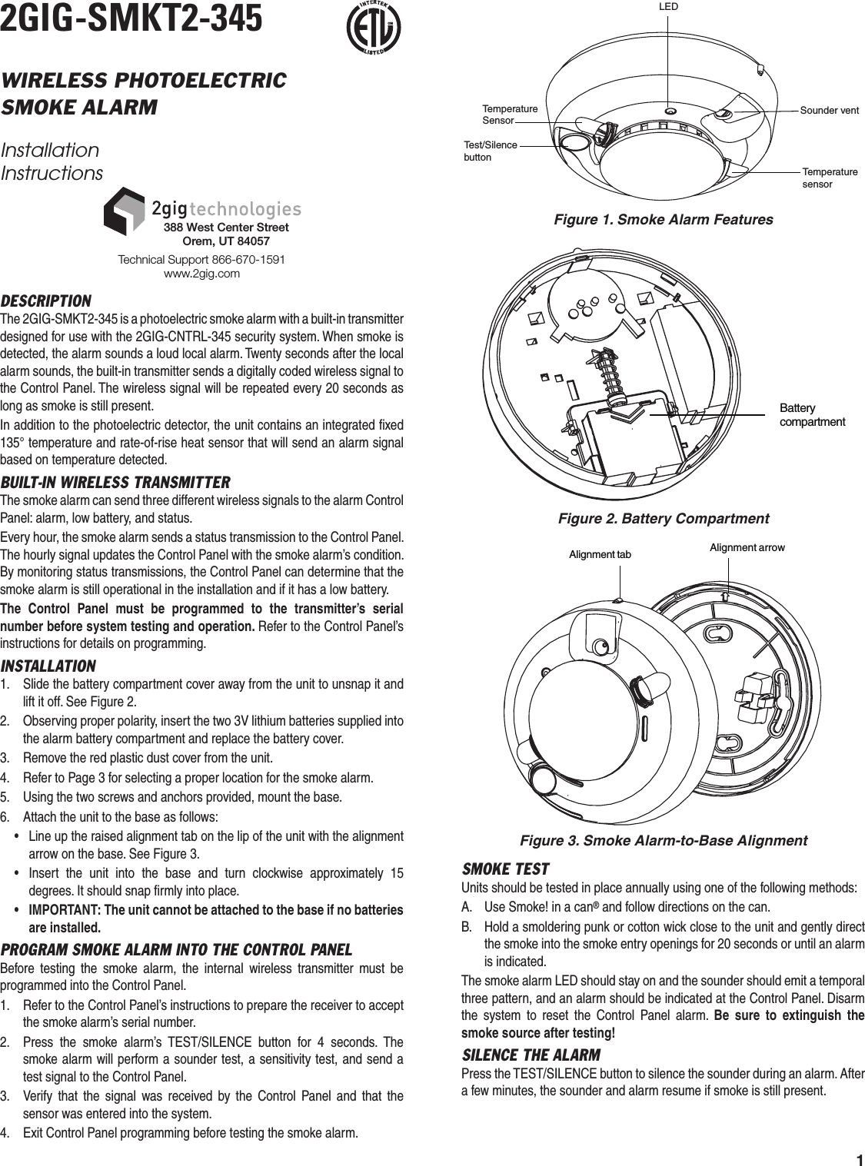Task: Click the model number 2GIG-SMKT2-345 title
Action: click(131, 18)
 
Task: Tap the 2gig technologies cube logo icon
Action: click(124, 211)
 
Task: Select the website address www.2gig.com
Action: click(202, 274)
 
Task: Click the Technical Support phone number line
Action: click(201, 260)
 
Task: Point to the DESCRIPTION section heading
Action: click(46, 301)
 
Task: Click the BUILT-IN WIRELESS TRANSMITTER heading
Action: click(115, 483)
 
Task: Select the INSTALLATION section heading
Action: click(48, 666)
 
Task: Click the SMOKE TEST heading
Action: click(505, 869)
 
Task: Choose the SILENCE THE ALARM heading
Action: click(531, 1055)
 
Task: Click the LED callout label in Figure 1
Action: click(668, 6)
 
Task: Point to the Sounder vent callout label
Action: click(829, 111)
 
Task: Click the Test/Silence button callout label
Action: click(491, 151)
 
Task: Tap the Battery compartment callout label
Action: click(812, 415)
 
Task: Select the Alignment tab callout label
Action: click(599, 554)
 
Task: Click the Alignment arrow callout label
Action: click(747, 547)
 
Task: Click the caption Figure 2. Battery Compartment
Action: click(663, 519)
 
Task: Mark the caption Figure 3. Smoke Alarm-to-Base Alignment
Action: click(664, 840)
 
